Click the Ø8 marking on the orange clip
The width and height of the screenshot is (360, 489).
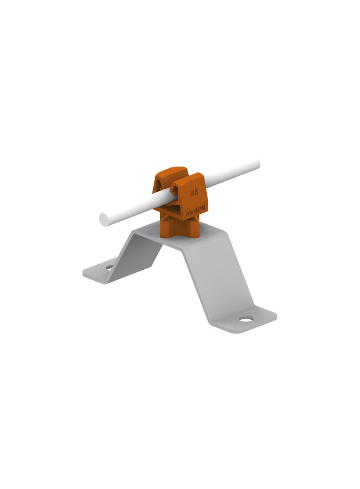[194, 192]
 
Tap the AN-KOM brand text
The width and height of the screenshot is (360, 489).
[196, 211]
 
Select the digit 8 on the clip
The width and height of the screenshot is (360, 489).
[196, 192]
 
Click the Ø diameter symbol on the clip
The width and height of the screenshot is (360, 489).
[192, 193]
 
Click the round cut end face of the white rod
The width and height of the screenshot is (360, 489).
[104, 220]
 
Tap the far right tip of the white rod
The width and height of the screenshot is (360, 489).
[259, 163]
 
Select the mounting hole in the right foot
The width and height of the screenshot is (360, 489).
[246, 319]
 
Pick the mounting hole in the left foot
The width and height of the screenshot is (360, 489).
[109, 267]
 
